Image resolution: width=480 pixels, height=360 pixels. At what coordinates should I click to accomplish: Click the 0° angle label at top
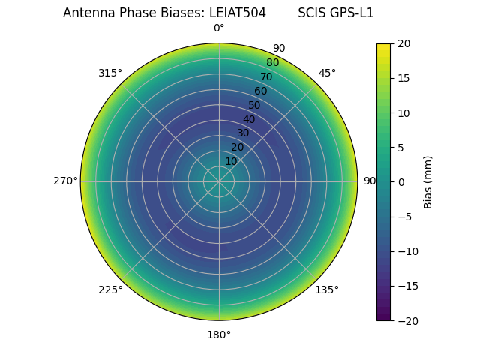tap(219, 28)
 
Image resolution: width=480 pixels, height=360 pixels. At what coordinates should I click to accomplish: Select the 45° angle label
tap(327, 73)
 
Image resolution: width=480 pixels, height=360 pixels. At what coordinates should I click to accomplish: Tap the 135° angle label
tap(327, 289)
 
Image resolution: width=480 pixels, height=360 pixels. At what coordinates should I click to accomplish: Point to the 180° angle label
tap(219, 334)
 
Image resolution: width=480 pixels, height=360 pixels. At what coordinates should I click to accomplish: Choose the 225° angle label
tap(110, 289)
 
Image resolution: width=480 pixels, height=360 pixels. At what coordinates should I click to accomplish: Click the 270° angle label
tap(65, 181)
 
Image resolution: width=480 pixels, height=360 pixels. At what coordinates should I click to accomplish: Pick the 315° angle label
tap(110, 73)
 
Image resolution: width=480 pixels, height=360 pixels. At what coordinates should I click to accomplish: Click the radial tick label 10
tap(231, 161)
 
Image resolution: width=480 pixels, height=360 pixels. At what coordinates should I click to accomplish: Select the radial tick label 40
tap(249, 119)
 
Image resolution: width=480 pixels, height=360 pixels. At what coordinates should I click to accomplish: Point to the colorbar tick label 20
tap(403, 44)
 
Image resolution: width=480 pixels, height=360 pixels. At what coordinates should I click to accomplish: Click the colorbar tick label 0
tap(400, 182)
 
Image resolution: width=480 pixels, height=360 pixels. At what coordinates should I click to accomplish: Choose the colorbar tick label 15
tap(403, 79)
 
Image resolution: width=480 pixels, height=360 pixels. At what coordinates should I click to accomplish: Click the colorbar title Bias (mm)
tap(428, 182)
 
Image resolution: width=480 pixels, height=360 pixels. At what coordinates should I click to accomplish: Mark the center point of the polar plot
tap(219, 181)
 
